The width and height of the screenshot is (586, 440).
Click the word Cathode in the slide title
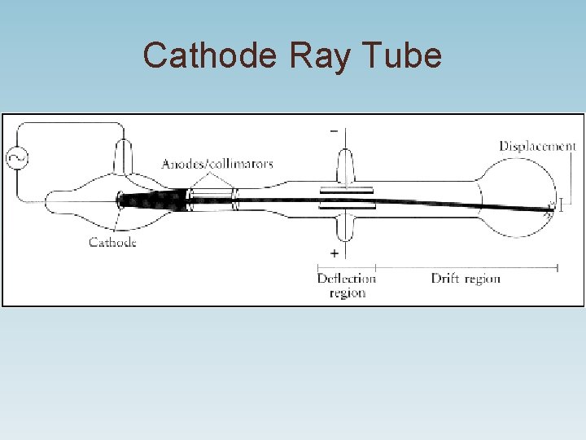tap(210, 56)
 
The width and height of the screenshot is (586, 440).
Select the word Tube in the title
tap(403, 56)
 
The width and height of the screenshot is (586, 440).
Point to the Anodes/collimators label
tap(217, 164)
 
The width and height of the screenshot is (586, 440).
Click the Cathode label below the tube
tap(112, 242)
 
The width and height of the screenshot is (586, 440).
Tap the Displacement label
tap(537, 147)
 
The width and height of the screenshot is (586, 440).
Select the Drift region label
tap(466, 279)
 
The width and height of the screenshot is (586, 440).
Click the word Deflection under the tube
tap(347, 279)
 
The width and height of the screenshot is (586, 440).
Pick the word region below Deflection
tap(347, 293)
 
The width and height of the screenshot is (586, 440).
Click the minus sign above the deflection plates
tap(334, 130)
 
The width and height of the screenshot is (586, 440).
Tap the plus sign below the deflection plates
tap(334, 253)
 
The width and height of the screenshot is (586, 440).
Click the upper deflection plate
tap(346, 189)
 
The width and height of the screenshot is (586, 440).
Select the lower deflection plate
tap(346, 207)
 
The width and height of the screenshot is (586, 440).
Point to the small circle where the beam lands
tap(550, 204)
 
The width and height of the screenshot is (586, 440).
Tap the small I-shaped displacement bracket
tap(559, 204)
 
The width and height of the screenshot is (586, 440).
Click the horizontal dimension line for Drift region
tap(466, 266)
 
